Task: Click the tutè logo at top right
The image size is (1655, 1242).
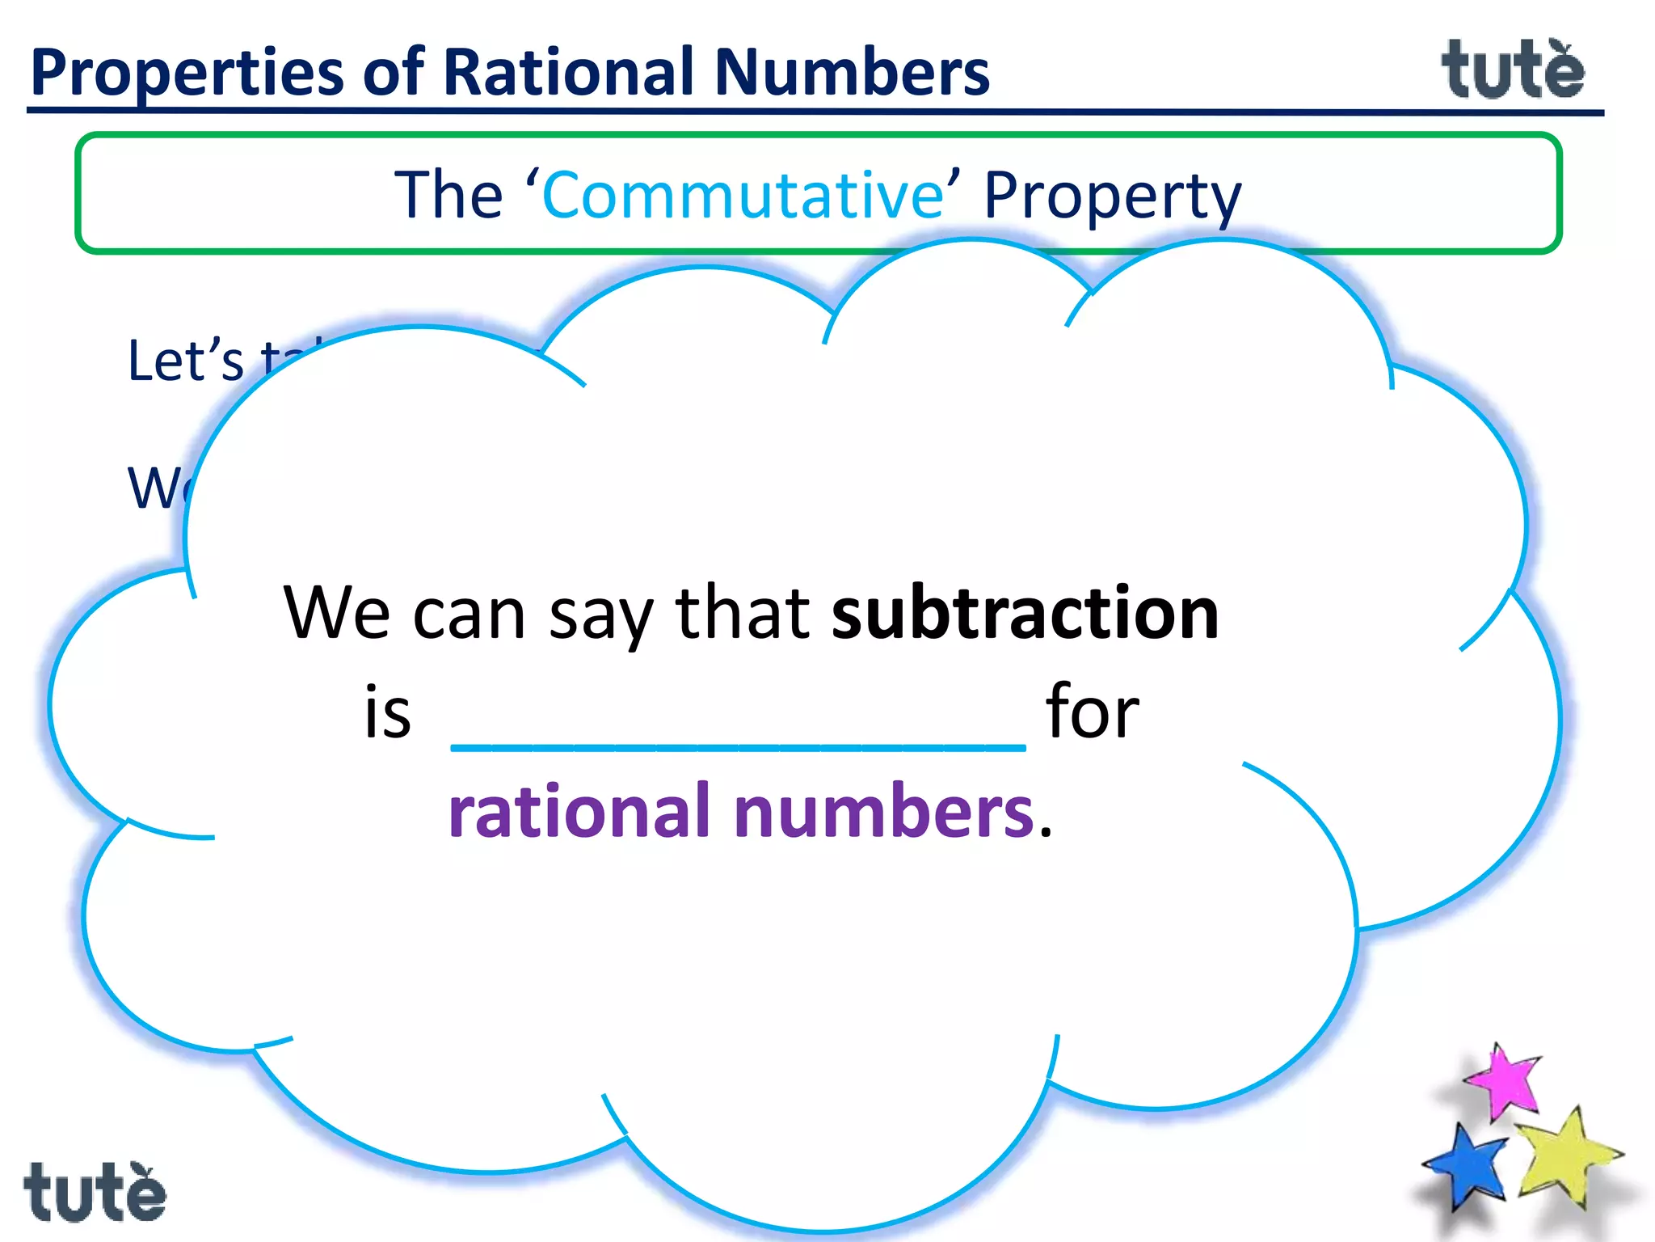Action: click(x=1513, y=71)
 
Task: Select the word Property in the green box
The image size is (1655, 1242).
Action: click(x=1112, y=196)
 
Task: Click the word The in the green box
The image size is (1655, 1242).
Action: click(x=448, y=196)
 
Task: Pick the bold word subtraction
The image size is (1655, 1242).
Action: click(x=1025, y=613)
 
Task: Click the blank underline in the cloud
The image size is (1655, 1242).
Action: click(x=738, y=746)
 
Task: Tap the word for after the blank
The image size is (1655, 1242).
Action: click(x=1093, y=712)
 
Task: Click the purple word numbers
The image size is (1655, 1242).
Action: click(x=884, y=812)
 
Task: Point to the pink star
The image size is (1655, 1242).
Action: click(x=1503, y=1082)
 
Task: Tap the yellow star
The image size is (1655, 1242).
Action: click(x=1564, y=1156)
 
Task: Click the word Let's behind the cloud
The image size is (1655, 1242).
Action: click(x=186, y=361)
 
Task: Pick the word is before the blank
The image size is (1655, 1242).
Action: click(x=388, y=712)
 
